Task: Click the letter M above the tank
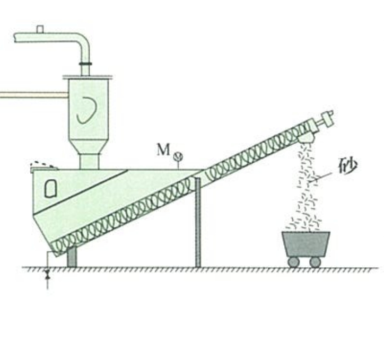(163, 150)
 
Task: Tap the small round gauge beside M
(179, 156)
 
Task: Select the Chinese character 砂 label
(348, 169)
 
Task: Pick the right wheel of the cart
(315, 261)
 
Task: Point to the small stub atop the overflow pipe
(40, 29)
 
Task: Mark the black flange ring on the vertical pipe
(85, 64)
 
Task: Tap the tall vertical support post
(198, 223)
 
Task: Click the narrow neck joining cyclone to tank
(89, 160)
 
